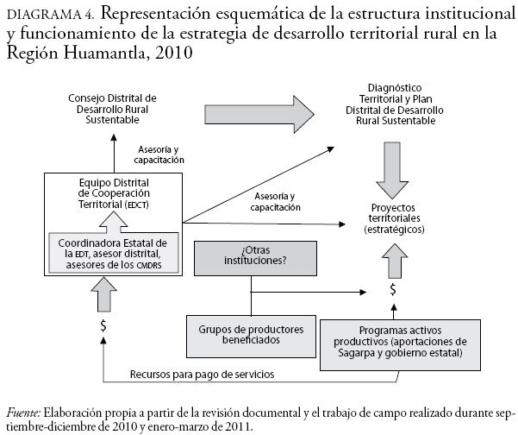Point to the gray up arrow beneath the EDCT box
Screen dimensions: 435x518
pyautogui.click(x=103, y=298)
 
